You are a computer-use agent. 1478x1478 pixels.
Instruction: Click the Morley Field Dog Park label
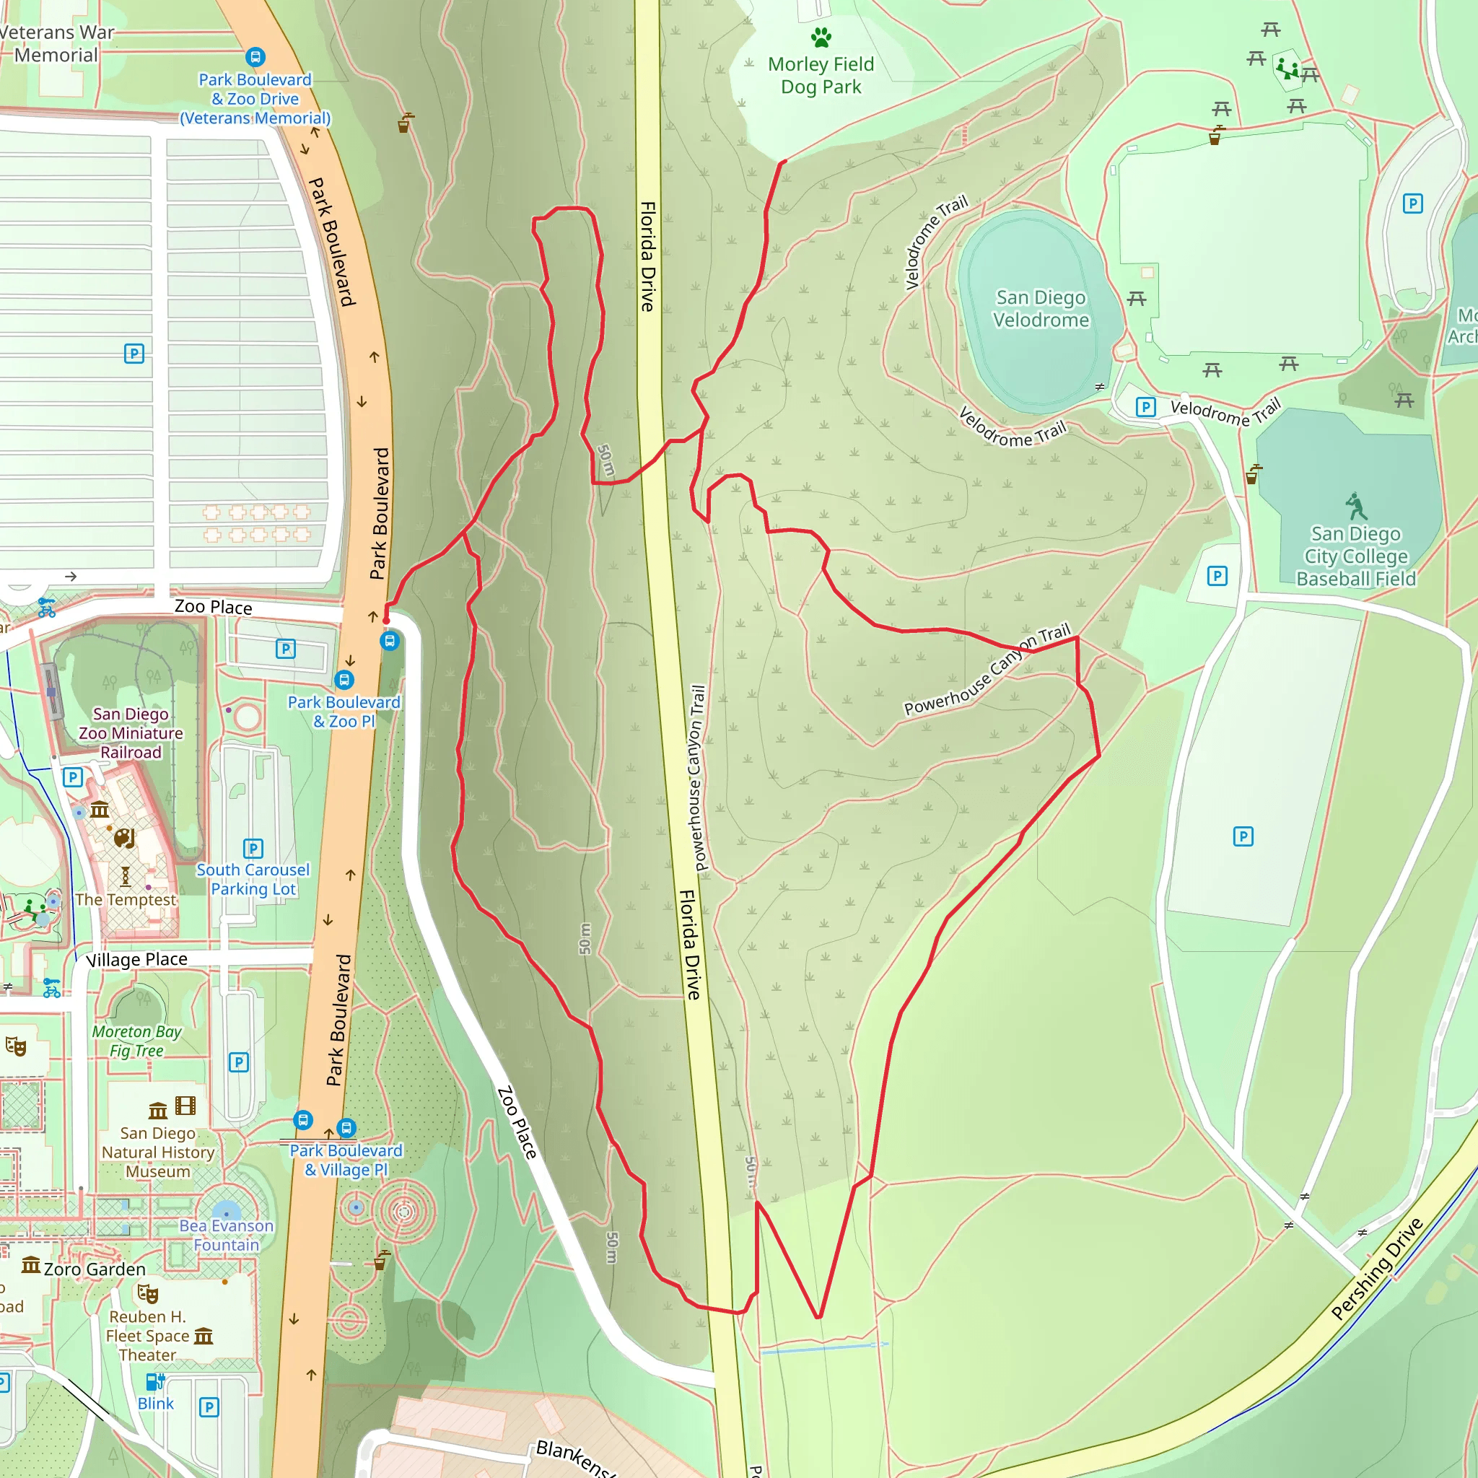[820, 76]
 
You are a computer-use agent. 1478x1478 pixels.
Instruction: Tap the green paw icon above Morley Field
[821, 37]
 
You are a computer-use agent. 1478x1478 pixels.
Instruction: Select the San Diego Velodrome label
[1041, 308]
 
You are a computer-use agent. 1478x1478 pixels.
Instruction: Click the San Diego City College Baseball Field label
[1355, 556]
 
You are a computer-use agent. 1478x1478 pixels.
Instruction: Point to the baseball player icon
[1355, 506]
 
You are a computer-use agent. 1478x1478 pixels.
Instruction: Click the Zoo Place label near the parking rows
[213, 607]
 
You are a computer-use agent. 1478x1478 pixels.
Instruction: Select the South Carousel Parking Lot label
[253, 879]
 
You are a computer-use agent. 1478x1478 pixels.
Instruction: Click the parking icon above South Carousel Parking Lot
[253, 849]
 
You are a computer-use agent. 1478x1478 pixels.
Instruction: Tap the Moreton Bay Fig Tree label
[137, 1041]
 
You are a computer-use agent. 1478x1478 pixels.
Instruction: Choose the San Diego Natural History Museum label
[158, 1152]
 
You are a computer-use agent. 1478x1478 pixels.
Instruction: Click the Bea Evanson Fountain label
[227, 1235]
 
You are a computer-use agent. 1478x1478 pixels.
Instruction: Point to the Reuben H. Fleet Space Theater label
[147, 1336]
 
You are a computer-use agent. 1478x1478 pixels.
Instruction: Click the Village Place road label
[136, 959]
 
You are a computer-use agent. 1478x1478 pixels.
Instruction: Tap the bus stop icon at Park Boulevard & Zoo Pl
[344, 679]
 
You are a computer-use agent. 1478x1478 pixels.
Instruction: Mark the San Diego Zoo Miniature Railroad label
[131, 733]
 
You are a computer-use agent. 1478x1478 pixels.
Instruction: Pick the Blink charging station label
[155, 1404]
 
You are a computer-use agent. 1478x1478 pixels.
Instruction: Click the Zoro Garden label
[94, 1269]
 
